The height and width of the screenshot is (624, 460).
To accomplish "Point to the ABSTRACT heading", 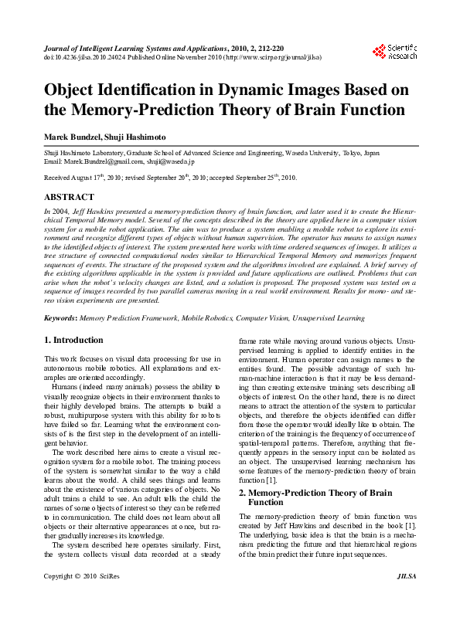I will pos(69,198).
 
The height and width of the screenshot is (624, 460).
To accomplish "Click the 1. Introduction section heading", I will pos(73,340).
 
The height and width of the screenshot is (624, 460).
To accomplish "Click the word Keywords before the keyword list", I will pos(59,317).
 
